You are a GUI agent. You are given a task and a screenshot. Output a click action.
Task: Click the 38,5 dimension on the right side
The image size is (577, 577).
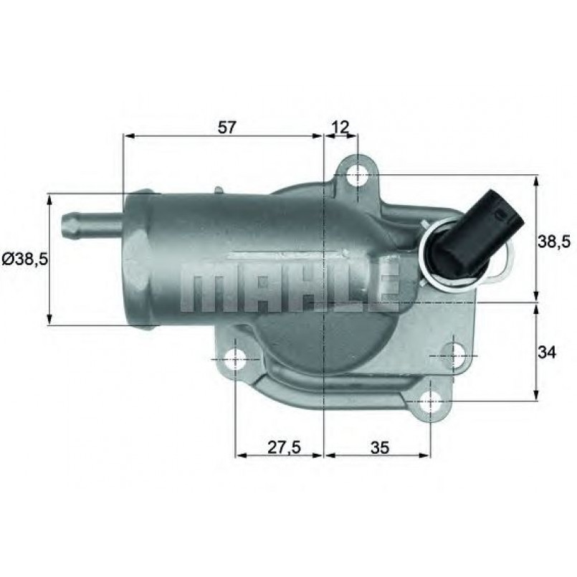click(553, 242)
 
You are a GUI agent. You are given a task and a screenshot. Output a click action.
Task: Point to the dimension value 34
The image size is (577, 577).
click(547, 352)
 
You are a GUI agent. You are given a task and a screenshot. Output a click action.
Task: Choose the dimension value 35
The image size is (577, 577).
click(380, 447)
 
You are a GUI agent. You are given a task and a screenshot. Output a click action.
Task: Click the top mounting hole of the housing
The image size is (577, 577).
click(356, 175)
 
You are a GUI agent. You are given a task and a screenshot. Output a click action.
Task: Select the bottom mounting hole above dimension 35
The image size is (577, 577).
click(429, 401)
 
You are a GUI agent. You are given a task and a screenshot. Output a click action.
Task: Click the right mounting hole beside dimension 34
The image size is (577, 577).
click(456, 355)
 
